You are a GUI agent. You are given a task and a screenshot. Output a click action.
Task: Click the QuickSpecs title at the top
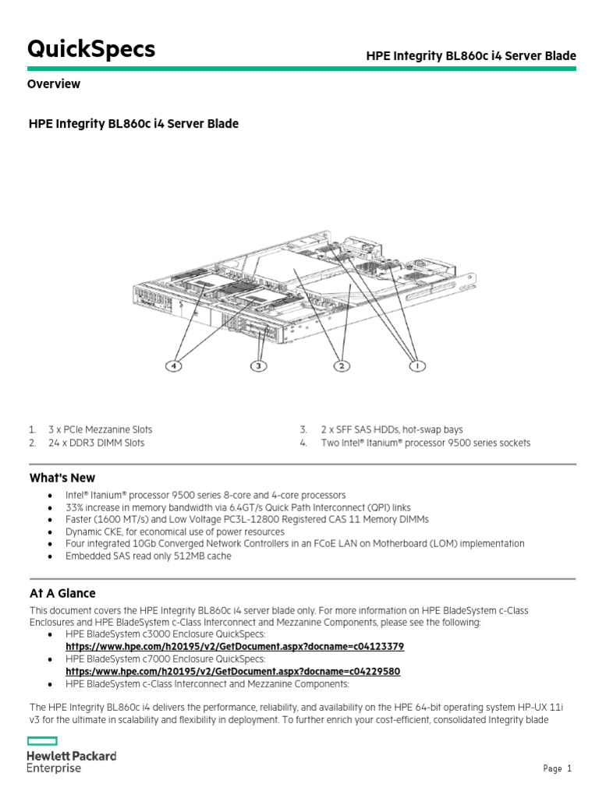[x=91, y=49]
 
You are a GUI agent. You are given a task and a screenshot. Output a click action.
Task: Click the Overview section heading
[x=54, y=84]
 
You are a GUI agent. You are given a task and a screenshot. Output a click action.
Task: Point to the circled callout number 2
[x=341, y=365]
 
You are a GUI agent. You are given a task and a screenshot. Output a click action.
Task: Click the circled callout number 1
[x=418, y=365]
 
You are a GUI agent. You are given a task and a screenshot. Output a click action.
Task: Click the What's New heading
[x=62, y=478]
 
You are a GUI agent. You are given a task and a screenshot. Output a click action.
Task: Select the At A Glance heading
[x=62, y=593]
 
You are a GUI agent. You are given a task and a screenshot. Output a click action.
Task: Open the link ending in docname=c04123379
[x=235, y=647]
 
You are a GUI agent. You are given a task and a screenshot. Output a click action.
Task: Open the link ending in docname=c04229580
[x=232, y=671]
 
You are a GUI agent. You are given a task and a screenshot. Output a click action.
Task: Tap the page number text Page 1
[x=557, y=769]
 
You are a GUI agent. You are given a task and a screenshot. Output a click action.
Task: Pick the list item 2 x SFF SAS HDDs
[x=391, y=429]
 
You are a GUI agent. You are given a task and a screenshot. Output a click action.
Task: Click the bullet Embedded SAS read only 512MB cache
[x=148, y=556]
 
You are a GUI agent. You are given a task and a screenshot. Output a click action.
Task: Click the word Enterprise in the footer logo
[x=54, y=768]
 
